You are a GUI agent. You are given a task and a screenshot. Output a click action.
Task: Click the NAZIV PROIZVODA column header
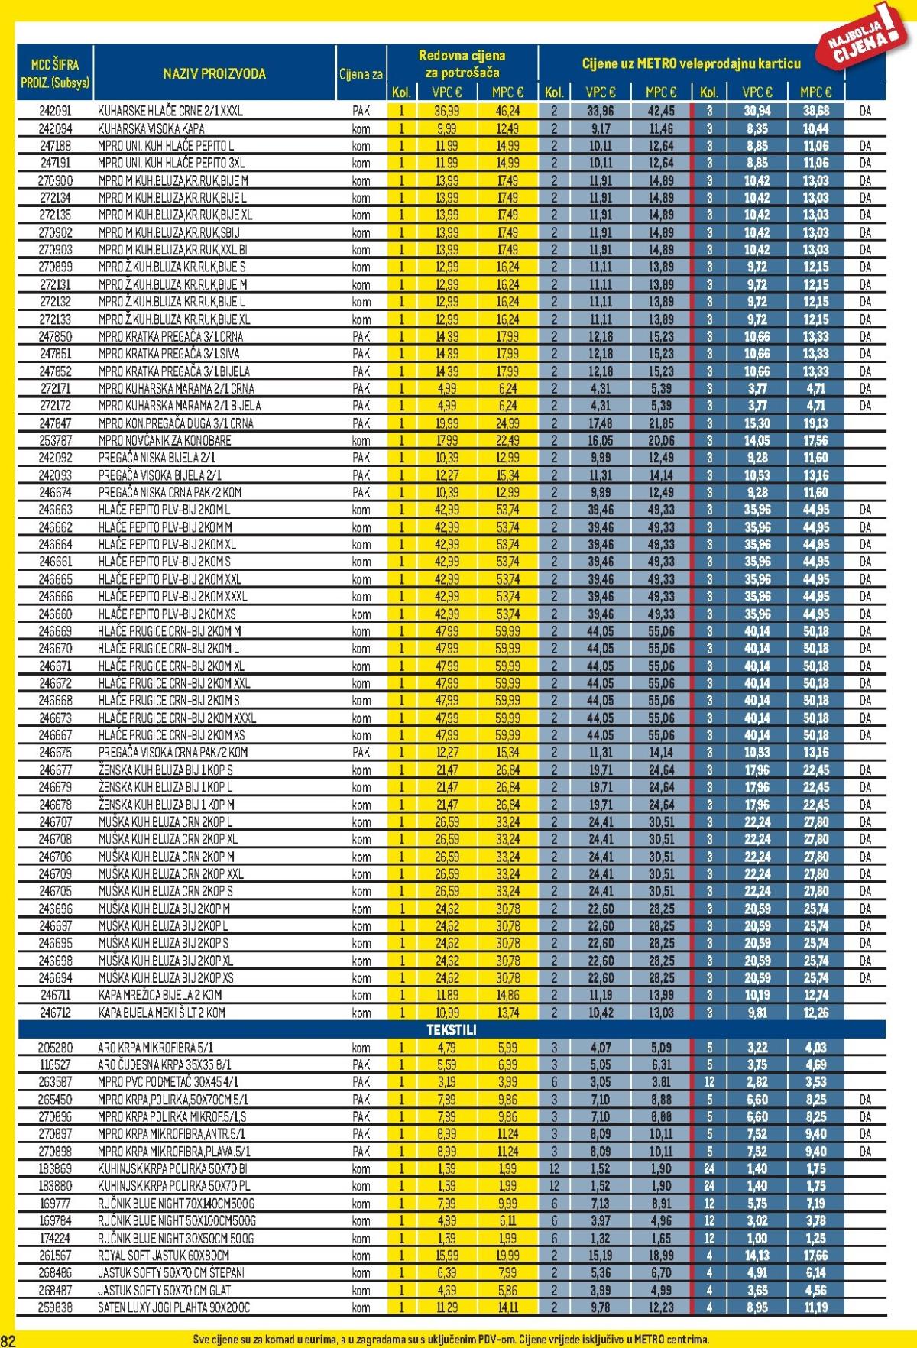pos(214,73)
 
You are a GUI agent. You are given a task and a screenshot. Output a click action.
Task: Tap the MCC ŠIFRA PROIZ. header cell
pos(54,73)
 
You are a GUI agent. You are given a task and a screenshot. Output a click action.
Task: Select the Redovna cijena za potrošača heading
pos(462,64)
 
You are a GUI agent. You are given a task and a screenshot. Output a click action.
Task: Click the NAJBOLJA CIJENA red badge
pos(863,38)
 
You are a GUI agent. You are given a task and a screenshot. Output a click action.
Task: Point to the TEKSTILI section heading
pos(451,1029)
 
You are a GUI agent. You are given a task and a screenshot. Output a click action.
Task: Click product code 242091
pos(55,111)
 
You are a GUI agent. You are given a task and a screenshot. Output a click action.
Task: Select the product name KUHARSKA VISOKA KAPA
pos(151,128)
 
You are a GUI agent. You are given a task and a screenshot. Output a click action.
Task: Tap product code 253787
pos(55,440)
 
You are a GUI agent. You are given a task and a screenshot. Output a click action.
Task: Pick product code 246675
pos(55,753)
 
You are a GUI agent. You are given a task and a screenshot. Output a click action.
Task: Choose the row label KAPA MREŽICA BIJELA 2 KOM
pos(160,995)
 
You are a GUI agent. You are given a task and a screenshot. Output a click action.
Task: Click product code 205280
pos(55,1048)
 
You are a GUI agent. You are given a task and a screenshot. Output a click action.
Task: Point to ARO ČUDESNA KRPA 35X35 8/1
pos(164,1064)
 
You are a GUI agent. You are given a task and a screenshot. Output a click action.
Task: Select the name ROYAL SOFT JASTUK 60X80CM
pos(164,1255)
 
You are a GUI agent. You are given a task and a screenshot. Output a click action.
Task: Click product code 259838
pos(55,1307)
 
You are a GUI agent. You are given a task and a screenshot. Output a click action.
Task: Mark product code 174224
pos(55,1238)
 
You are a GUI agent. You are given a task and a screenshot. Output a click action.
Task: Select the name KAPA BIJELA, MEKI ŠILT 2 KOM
pos(162,1013)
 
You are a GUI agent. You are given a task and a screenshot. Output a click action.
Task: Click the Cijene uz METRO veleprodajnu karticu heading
pos(691,63)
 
